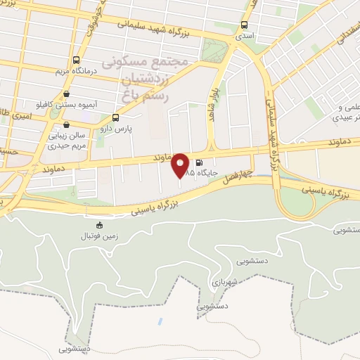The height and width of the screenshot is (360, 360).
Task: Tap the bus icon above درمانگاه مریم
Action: [x=76, y=60]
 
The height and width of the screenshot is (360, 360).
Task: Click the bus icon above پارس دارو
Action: [x=115, y=117]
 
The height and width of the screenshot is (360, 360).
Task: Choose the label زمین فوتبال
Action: [x=98, y=237]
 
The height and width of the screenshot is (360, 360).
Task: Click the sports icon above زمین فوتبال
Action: [x=98, y=226]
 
